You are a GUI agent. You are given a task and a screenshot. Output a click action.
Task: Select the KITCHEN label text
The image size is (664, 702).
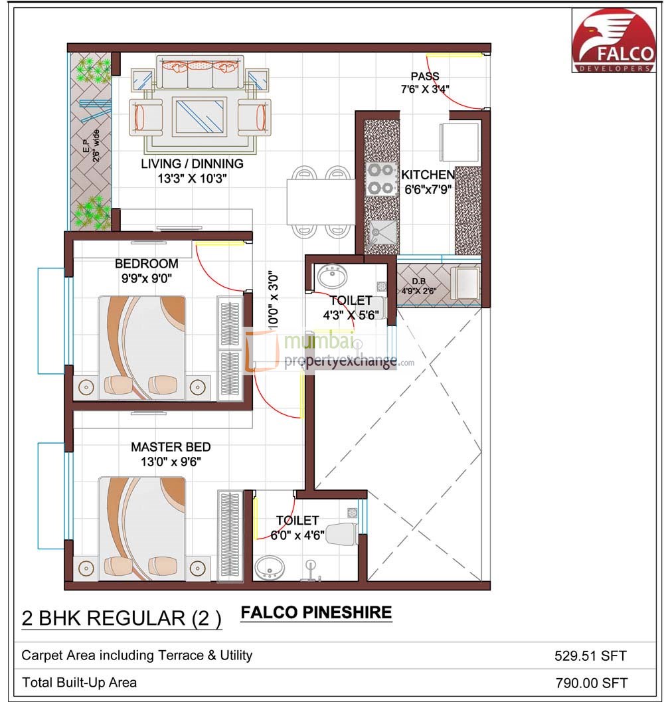point(428,175)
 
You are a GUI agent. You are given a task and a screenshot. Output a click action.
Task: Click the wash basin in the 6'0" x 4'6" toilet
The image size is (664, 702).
point(269,567)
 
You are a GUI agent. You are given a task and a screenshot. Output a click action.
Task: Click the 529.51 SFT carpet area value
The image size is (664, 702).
point(590,656)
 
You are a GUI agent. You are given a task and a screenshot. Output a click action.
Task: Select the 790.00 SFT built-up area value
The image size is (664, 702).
point(590,682)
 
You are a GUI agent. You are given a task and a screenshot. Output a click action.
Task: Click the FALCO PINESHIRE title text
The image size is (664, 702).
point(315,612)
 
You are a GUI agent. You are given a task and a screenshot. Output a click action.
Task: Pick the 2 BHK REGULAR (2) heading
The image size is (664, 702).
point(122,618)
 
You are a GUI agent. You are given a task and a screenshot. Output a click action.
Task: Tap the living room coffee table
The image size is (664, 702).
point(200,116)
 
